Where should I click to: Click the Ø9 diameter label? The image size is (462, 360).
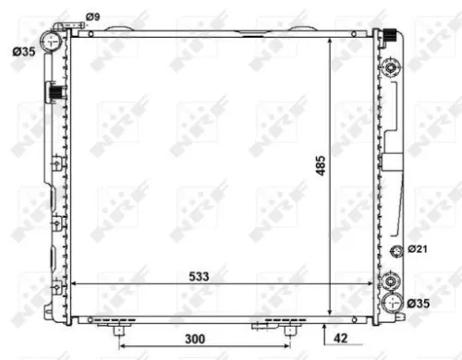92,16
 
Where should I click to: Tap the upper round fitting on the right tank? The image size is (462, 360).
395,69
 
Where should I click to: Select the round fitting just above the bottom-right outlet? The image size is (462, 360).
395,279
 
